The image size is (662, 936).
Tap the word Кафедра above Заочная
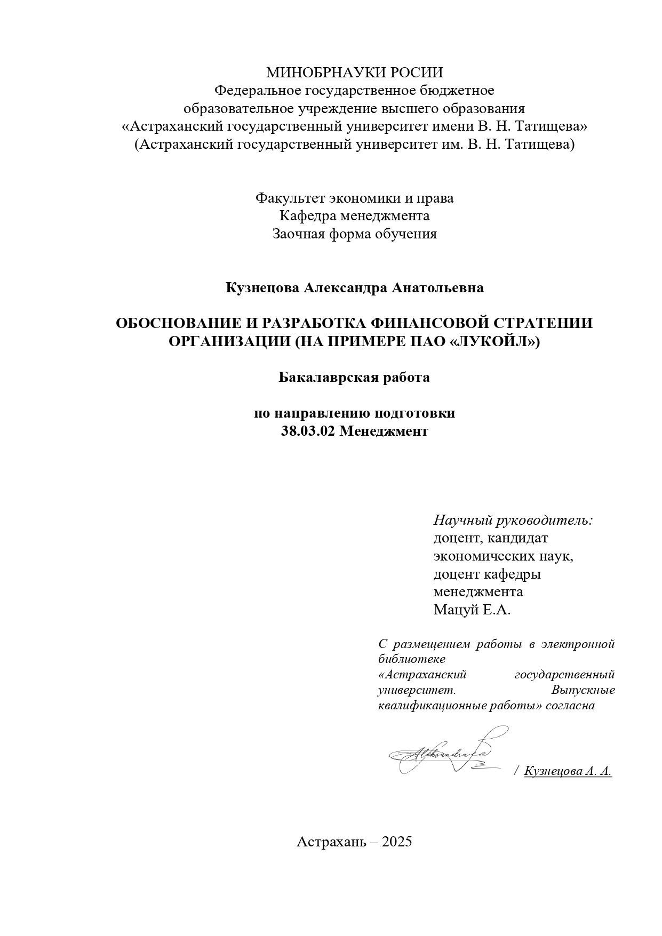[x=305, y=216]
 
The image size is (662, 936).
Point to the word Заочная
[x=297, y=234]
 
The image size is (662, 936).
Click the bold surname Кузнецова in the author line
[x=262, y=288]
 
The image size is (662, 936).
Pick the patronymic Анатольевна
[x=438, y=288]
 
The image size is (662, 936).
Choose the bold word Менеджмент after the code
[x=384, y=431]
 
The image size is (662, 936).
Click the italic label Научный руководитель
[x=513, y=520]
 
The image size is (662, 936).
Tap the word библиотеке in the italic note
[x=411, y=659]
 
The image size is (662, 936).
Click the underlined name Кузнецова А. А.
[x=568, y=771]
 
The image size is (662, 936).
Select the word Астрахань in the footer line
[x=332, y=842]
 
